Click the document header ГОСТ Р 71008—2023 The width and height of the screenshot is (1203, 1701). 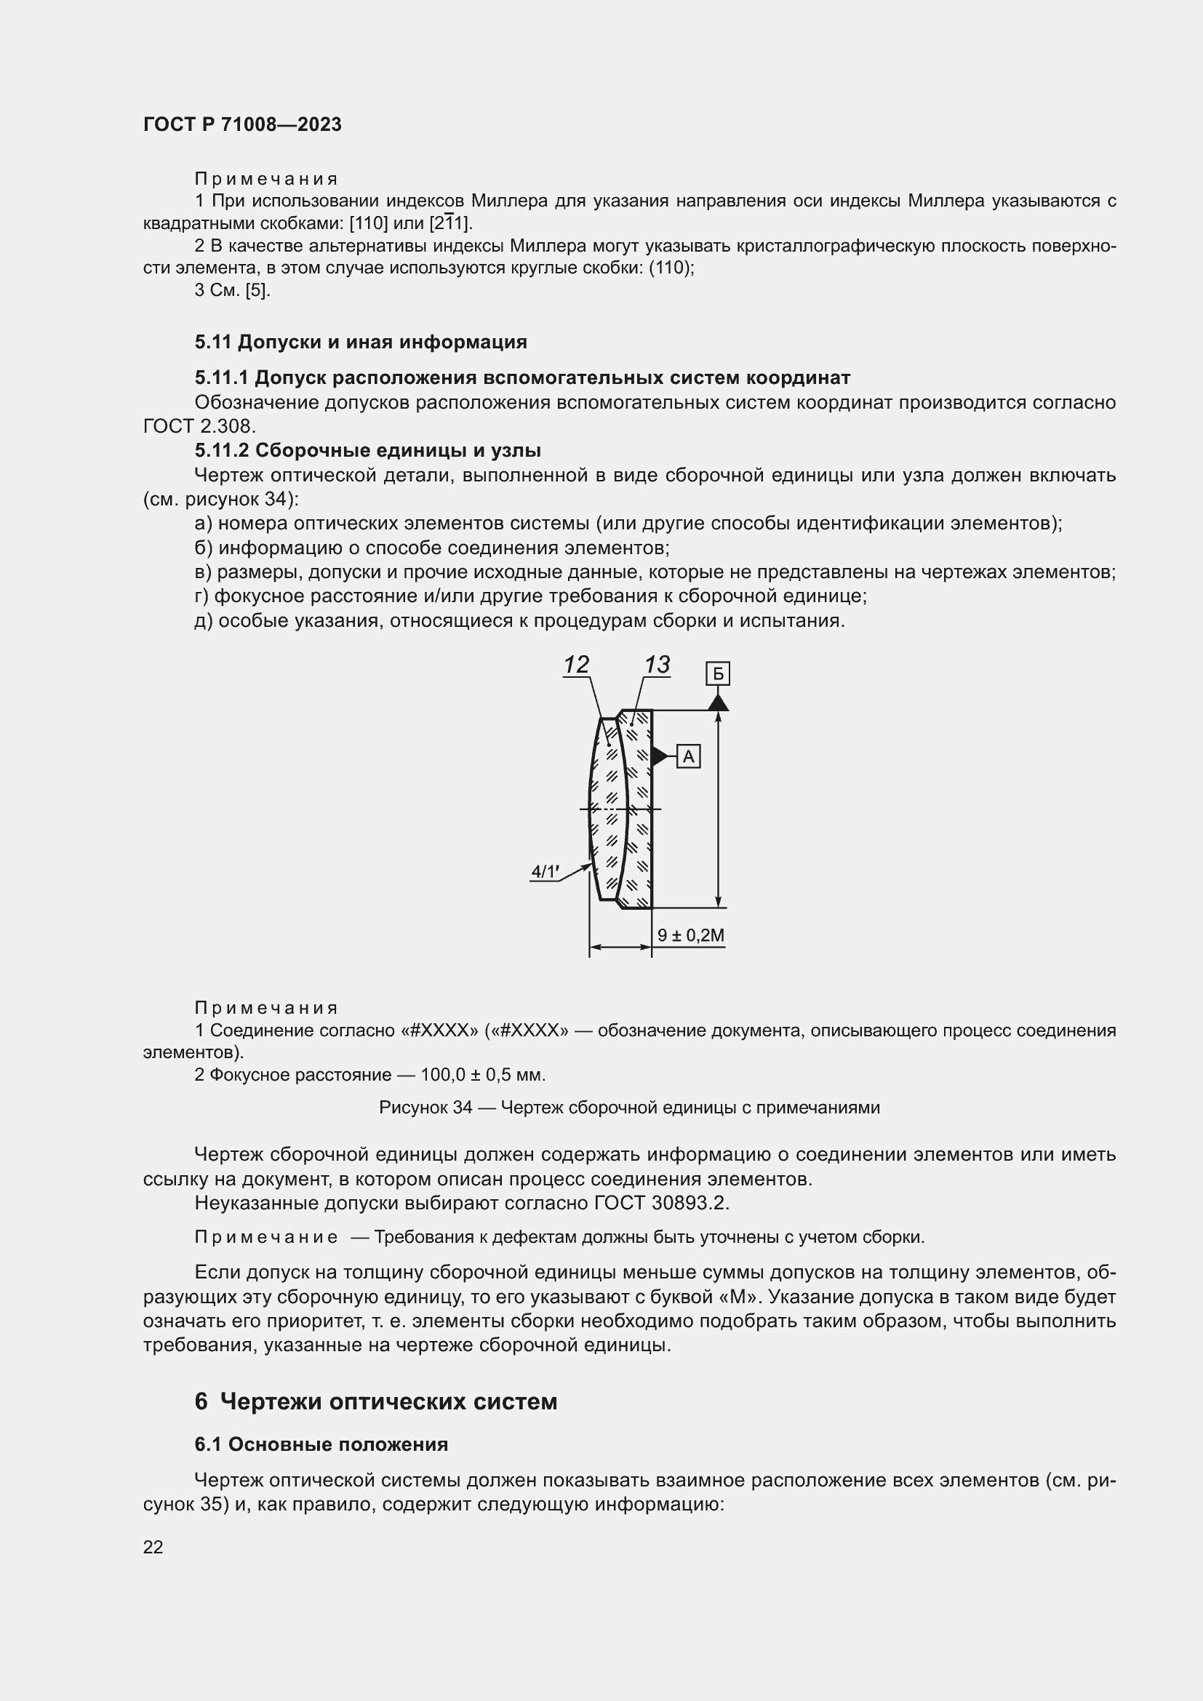tap(242, 124)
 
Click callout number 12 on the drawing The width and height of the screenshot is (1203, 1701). tap(575, 665)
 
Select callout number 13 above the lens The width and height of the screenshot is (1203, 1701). tap(656, 665)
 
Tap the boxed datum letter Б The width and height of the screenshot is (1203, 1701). tap(718, 674)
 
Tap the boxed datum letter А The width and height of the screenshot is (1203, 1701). tap(688, 756)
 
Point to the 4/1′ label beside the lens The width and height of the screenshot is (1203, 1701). tap(545, 872)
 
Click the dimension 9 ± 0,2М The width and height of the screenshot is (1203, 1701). tap(690, 935)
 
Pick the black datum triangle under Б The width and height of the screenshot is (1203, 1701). tap(718, 702)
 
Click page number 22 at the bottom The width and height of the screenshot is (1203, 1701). tap(153, 1547)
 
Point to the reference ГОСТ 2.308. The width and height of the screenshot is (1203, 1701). tap(199, 427)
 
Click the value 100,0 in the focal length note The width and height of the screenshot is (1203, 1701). tap(442, 1075)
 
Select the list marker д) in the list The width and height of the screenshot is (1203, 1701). tap(204, 621)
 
